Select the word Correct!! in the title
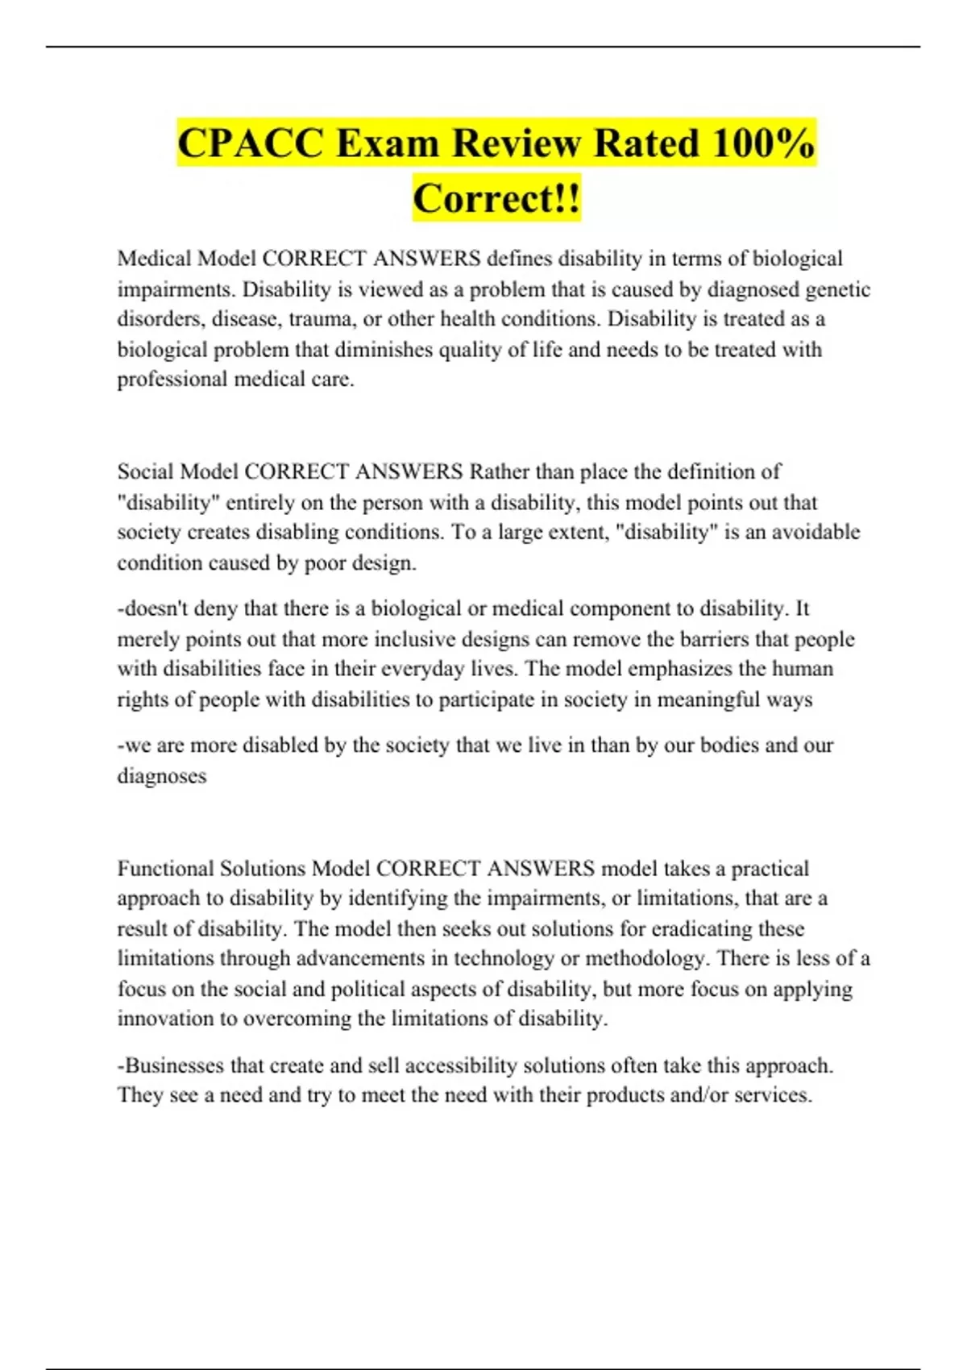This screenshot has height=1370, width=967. pos(496,198)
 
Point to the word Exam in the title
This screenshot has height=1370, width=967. pos(388,144)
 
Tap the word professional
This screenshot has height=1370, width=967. pos(172,380)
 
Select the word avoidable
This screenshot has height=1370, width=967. pos(816,532)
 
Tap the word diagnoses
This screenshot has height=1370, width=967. pos(162,776)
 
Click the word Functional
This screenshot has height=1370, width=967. pos(165,869)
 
